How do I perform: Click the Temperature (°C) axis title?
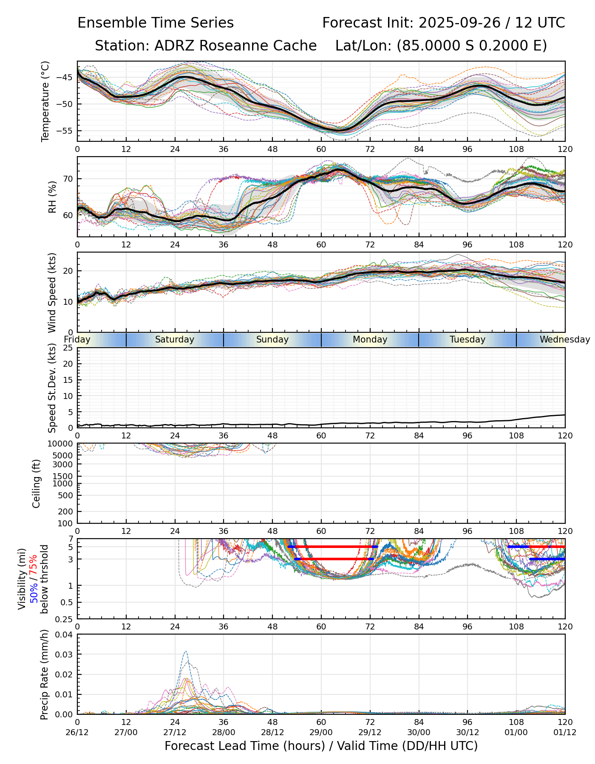[x=45, y=101]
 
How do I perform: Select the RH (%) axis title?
[x=52, y=197]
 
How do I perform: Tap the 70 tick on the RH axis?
[x=68, y=179]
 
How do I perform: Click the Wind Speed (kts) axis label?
[x=52, y=292]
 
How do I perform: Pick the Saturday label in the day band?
[x=175, y=340]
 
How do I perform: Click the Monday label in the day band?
[x=370, y=340]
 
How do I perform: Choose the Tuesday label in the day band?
[x=467, y=340]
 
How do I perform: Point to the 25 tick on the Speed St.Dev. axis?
[x=68, y=348]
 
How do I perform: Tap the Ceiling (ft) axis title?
[x=37, y=483]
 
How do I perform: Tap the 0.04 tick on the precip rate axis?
[x=64, y=635]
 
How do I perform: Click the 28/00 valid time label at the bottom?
[x=224, y=732]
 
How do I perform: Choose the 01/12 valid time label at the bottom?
[x=565, y=732]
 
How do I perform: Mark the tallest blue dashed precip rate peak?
[x=185, y=652]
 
